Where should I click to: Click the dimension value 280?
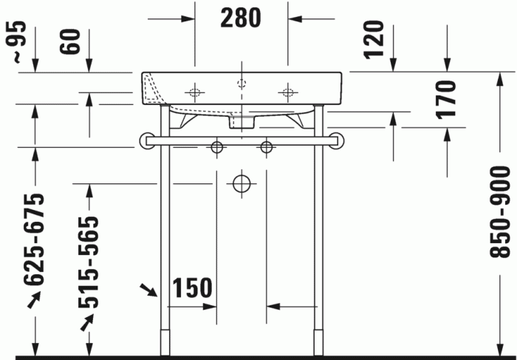(x=241, y=17)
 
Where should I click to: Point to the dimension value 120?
(x=375, y=40)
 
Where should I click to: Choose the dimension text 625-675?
(x=34, y=240)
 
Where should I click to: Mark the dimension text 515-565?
(x=88, y=262)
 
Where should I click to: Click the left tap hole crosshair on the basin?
(x=195, y=93)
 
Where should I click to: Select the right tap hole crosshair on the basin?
(x=287, y=93)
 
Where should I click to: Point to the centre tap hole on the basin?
(x=241, y=83)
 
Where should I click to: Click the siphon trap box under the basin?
(x=241, y=121)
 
